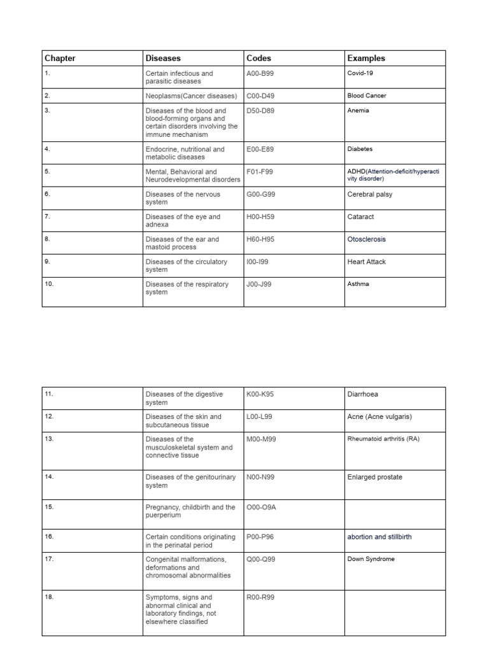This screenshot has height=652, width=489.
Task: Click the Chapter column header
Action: pos(60,58)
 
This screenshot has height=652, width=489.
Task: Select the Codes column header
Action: pos(259,58)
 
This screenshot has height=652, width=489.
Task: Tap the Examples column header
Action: pos(366,58)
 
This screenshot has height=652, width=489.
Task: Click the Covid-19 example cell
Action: pos(360,74)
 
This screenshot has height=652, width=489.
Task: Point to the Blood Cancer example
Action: pos(367,96)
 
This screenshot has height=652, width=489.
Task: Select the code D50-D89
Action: pos(261,111)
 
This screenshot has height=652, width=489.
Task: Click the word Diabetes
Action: pos(360,149)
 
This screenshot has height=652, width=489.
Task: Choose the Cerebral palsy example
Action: pos(370,195)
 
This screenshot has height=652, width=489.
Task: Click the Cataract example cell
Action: pos(362,217)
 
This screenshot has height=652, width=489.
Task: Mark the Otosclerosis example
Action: pos(366,239)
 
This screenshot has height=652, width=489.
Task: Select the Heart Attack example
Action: pos(367,262)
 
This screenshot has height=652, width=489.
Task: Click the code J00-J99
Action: pos(259,284)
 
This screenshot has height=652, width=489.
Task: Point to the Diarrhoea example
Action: pos(363,394)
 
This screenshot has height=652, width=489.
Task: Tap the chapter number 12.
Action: pos(49,416)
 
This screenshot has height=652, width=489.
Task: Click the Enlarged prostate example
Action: pos(375,477)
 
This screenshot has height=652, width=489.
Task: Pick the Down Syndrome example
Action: pos(371,559)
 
